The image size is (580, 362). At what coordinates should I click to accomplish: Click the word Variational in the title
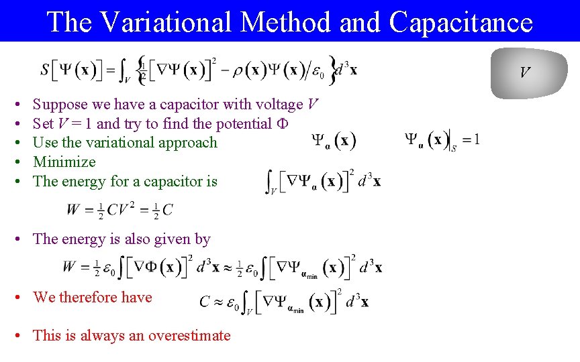point(165,22)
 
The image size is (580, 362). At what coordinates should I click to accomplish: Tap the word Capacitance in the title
point(461,22)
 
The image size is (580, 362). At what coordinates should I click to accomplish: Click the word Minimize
point(64,162)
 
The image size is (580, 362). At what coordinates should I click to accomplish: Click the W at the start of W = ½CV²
point(72,210)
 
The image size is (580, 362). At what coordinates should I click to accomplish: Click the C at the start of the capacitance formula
point(205,302)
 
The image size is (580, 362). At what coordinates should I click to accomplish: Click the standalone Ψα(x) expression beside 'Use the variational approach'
point(334,141)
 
